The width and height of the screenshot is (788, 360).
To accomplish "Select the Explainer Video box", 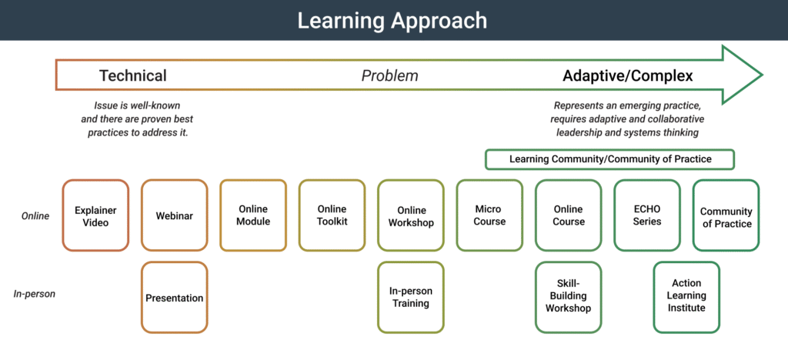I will tap(95, 215).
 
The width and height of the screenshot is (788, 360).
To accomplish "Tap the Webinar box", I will tap(175, 215).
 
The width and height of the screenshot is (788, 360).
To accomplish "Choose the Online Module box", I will tap(253, 215).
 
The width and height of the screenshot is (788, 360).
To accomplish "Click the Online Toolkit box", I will tap(332, 215).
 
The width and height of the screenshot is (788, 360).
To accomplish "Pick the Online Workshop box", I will tap(411, 215).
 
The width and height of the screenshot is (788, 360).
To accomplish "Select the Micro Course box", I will tap(489, 215).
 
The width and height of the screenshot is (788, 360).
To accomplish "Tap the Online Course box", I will tap(568, 215).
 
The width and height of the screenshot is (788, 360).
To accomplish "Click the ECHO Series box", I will tap(647, 215).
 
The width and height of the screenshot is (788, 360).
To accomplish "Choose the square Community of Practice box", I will tap(726, 215).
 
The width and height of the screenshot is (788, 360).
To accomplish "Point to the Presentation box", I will tap(175, 298).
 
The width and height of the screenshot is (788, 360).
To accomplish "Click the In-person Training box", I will tap(411, 298).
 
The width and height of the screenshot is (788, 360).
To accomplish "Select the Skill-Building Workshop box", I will tap(568, 298).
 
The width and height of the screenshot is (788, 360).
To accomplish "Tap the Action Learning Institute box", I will tap(686, 298).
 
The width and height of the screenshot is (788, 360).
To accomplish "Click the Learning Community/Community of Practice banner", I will tap(609, 159).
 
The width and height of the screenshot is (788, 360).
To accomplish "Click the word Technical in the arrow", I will tap(132, 75).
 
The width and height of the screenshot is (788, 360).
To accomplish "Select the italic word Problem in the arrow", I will tap(389, 75).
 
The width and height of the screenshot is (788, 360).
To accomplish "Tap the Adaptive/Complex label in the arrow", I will tap(627, 75).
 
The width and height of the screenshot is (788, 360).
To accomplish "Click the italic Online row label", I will tap(35, 216).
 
